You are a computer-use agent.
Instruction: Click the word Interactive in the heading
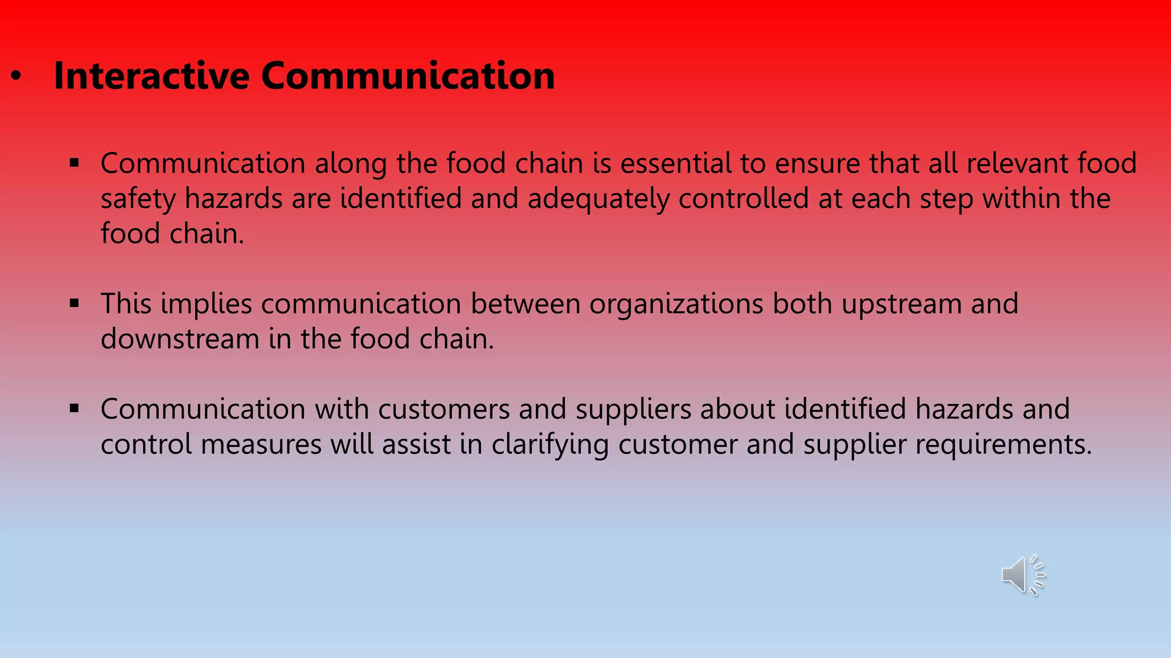(x=152, y=76)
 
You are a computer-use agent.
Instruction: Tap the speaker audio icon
(x=1022, y=575)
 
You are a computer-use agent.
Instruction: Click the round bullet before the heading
(x=16, y=77)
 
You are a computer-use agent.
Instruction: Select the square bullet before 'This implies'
(x=74, y=303)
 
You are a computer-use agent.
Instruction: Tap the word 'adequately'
(x=598, y=199)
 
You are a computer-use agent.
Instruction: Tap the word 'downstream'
(x=180, y=339)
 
